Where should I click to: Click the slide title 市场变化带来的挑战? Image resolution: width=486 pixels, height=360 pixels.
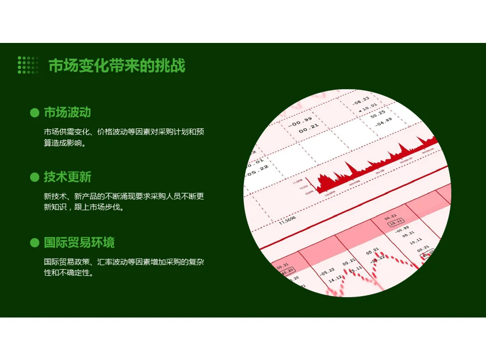117,66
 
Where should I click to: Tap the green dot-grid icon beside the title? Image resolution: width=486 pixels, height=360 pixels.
28,65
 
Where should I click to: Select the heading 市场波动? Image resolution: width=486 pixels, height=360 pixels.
67,112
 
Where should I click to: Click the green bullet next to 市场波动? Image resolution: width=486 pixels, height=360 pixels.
34,113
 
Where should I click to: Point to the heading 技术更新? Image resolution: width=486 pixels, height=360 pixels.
67,177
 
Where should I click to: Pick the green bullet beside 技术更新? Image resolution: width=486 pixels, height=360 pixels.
34,178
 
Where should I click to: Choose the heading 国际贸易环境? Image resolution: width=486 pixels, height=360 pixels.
79,242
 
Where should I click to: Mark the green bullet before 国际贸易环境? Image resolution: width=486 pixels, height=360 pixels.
34,243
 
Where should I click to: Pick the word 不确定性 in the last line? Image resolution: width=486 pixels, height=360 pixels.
75,273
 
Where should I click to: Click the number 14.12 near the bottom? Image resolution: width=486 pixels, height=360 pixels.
334,280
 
